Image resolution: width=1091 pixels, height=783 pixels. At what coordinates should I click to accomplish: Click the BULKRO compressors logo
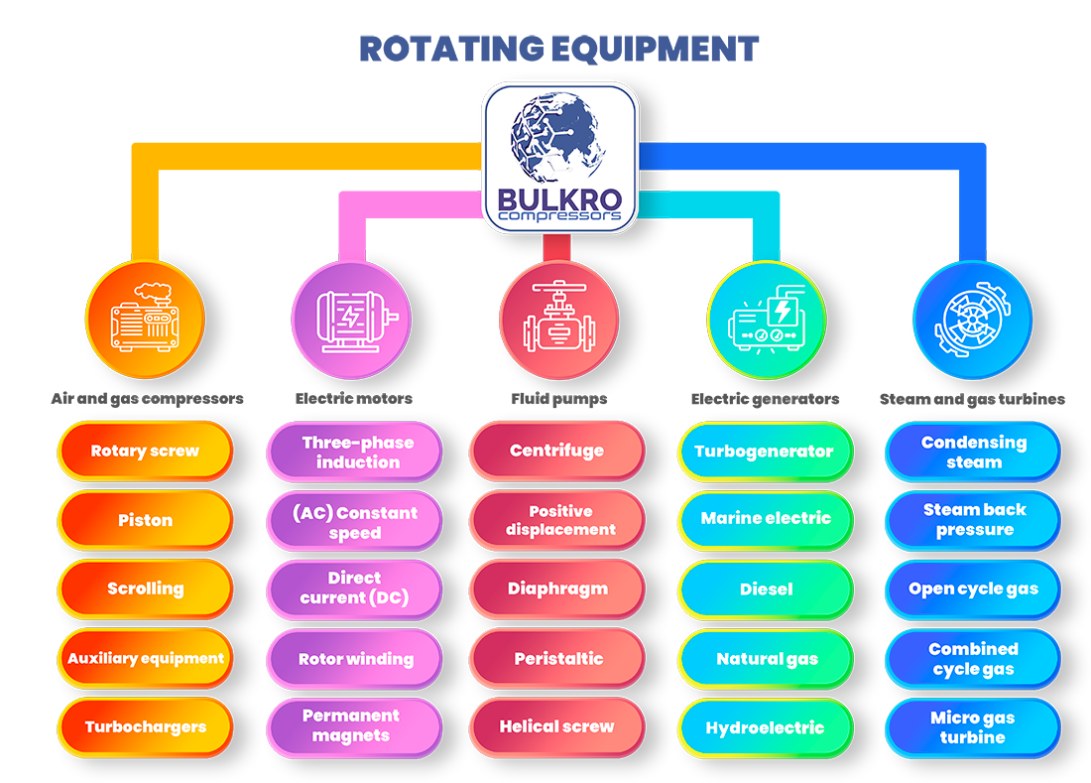coord(559,158)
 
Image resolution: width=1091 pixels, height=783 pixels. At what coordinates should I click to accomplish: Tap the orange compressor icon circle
coord(145,320)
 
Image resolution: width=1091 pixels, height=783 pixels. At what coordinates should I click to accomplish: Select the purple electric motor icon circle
coord(351,320)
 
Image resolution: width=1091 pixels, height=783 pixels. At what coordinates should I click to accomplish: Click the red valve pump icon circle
coord(558,320)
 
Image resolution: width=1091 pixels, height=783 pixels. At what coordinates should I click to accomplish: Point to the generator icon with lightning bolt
coord(766,320)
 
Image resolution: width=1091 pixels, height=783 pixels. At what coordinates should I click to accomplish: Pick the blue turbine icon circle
coord(972,320)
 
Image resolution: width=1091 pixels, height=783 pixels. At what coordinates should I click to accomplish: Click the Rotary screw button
coord(145,452)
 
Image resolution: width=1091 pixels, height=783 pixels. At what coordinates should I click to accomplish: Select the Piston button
coord(145,520)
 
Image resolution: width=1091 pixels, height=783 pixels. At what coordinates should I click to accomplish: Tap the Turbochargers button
coord(145,727)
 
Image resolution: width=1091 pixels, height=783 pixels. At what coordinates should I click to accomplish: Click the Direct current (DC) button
coord(354,588)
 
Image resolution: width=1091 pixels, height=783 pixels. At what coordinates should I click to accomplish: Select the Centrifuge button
coord(556,452)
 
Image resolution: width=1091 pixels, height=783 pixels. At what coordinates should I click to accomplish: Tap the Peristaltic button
coord(556,659)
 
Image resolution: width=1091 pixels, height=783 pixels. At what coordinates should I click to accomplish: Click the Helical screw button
coord(556,727)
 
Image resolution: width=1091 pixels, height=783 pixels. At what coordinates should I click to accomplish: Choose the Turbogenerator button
coord(765,452)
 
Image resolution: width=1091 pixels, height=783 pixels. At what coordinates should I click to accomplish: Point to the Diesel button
coord(765,589)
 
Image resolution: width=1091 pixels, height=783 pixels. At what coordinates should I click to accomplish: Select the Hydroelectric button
coord(765,727)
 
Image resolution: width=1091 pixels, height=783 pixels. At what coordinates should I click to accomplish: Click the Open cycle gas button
coord(972,589)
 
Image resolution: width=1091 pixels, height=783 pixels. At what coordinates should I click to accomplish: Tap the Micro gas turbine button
coord(972,727)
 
